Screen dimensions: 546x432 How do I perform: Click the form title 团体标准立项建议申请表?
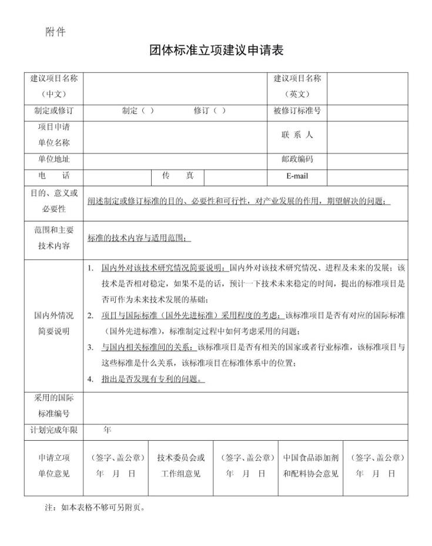[216, 51]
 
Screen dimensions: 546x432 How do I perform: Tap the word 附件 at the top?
[55, 32]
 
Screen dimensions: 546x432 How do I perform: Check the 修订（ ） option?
[209, 110]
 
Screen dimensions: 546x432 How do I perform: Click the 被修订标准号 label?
[297, 110]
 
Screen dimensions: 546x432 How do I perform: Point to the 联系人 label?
[297, 135]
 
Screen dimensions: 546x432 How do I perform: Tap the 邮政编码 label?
[297, 159]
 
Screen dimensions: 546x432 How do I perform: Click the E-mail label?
[297, 176]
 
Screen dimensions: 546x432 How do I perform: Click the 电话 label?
[54, 176]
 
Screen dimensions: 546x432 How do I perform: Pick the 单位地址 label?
[54, 159]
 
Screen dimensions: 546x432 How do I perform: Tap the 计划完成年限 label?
[54, 430]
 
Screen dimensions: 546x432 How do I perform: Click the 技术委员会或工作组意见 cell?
[181, 465]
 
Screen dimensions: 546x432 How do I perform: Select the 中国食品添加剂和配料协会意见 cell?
[311, 465]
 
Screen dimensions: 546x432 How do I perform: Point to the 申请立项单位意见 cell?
[54, 465]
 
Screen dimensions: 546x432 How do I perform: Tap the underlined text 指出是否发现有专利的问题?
[153, 378]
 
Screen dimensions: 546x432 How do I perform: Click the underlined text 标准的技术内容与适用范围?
[139, 237]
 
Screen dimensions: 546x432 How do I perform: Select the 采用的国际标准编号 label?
[54, 406]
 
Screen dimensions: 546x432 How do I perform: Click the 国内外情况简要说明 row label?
[54, 323]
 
